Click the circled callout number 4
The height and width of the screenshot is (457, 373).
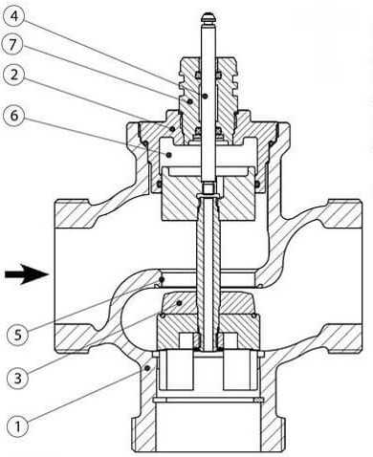(13, 15)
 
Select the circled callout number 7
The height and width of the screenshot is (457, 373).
(13, 44)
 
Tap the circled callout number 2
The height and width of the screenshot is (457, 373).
(13, 75)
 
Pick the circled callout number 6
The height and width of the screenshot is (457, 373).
(13, 116)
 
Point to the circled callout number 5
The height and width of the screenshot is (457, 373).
(17, 335)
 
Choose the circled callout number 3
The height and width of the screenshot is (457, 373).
(17, 379)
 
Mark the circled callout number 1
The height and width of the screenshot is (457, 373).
(17, 426)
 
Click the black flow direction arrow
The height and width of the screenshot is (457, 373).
(27, 273)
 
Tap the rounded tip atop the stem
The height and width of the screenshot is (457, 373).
(208, 17)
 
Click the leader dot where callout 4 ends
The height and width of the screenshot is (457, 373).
(206, 96)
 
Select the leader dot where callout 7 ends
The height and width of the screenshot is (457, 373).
(190, 101)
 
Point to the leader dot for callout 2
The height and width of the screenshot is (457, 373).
(172, 129)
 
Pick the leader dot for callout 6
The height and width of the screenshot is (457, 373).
(169, 155)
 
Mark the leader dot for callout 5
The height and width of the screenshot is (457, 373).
(162, 279)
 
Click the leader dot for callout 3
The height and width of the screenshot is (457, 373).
(180, 302)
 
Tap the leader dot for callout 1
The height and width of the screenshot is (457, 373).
(147, 368)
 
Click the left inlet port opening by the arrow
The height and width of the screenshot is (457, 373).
(55, 275)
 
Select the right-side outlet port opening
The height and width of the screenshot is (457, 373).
(361, 276)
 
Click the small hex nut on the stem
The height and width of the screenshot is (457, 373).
(208, 187)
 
